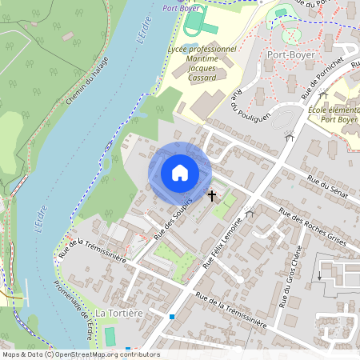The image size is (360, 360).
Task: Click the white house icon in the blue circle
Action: [x=179, y=172]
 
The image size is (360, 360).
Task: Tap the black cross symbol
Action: [x=213, y=195]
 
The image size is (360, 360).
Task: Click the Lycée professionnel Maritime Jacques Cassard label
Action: [x=202, y=63]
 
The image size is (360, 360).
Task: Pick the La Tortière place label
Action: [x=118, y=312]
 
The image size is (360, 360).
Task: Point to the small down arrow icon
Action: [x=319, y=275]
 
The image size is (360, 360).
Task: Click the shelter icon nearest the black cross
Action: [x=250, y=213]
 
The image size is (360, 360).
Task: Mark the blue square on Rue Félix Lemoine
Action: [x=172, y=317]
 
